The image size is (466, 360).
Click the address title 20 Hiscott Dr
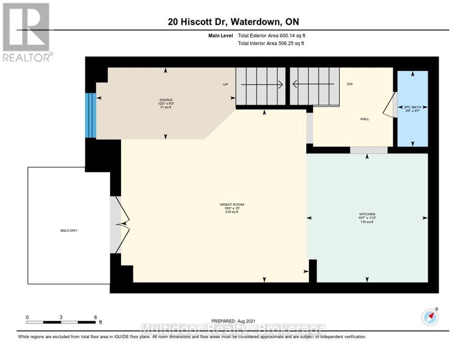(233, 22)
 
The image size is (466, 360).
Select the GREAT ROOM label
(232, 204)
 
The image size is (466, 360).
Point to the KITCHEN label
(368, 214)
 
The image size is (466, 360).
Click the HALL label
(364, 119)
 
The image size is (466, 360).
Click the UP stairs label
(225, 85)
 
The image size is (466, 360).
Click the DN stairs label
(349, 84)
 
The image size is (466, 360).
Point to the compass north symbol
(429, 317)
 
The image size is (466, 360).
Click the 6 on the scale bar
(95, 317)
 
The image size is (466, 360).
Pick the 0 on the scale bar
(27, 317)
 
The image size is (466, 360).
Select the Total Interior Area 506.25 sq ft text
(271, 44)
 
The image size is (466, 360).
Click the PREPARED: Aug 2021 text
(233, 321)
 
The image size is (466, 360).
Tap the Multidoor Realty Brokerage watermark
(233, 329)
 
